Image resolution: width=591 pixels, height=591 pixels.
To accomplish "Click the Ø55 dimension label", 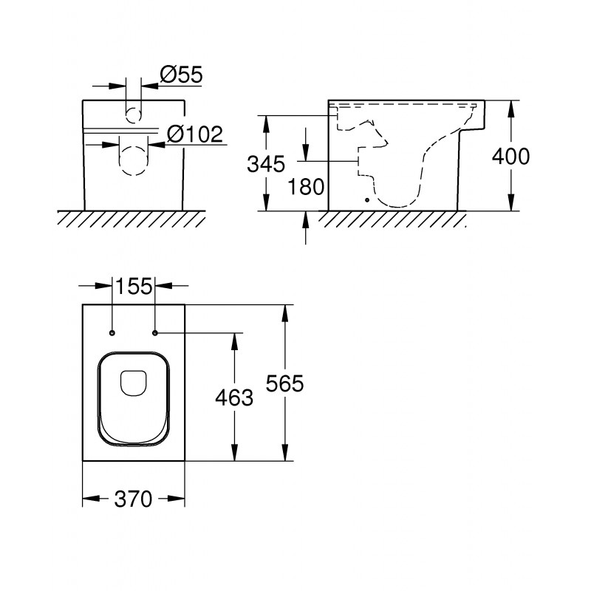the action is click(181, 75).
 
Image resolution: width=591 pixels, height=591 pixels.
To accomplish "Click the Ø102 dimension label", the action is click(195, 134).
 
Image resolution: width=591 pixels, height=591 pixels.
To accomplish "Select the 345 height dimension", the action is click(266, 164).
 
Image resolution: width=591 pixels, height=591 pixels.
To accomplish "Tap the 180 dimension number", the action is click(306, 187).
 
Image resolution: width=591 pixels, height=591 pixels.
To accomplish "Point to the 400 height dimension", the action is click(510, 156).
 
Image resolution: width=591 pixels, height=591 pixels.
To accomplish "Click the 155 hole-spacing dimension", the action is click(134, 286).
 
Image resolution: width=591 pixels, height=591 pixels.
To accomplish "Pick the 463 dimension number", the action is click(234, 397).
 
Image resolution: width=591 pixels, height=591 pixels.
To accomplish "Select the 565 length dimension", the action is click(284, 383).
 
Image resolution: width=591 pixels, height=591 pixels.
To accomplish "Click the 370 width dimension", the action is click(133, 499).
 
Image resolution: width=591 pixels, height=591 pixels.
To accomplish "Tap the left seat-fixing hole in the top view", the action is click(112, 333).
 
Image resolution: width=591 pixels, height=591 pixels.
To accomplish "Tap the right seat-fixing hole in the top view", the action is click(155, 333).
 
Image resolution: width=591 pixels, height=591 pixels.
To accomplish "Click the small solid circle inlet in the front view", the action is click(133, 115).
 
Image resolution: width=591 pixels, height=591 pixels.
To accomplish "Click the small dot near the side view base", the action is click(367, 200).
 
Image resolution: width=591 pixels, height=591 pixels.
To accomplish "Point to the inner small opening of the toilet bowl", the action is click(133, 383).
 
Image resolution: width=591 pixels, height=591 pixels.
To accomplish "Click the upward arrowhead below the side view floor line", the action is click(306, 219).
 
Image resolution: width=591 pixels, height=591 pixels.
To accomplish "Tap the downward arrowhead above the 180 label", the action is click(306, 153).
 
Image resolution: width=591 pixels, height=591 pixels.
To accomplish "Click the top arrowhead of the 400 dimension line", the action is click(510, 109).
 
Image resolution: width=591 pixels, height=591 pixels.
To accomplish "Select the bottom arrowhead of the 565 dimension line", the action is click(285, 452).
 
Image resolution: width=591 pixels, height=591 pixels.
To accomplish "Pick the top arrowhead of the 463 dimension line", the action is click(234, 342).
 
